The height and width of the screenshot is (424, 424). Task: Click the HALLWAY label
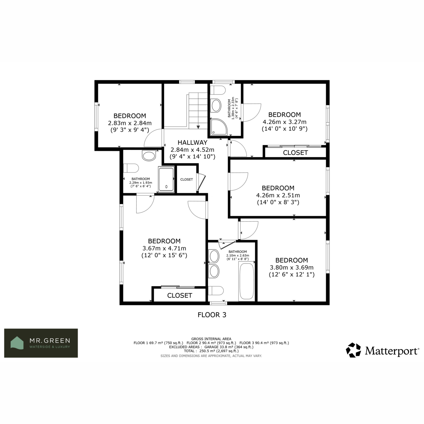192,143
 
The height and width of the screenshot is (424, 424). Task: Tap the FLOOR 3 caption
212,315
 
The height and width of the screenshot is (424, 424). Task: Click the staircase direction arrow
198,127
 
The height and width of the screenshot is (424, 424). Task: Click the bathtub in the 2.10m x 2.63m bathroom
247,281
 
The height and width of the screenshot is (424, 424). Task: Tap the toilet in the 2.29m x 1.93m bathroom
131,168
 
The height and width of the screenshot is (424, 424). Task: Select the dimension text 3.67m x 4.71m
164,248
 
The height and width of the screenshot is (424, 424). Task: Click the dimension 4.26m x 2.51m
278,195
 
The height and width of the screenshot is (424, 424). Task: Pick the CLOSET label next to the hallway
187,179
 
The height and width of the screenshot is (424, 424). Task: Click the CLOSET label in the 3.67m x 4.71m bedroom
179,295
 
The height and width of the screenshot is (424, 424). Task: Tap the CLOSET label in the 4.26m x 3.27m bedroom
295,153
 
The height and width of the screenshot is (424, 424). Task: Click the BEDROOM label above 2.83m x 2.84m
130,116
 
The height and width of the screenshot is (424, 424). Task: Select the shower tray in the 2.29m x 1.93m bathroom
166,179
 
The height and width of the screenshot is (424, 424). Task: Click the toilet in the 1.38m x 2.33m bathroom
218,90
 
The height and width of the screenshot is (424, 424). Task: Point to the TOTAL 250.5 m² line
211,351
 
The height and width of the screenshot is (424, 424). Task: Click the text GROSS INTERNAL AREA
211,339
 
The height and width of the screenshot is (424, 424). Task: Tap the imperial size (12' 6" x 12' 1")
291,275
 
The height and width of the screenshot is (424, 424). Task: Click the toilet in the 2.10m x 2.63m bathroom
216,290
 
